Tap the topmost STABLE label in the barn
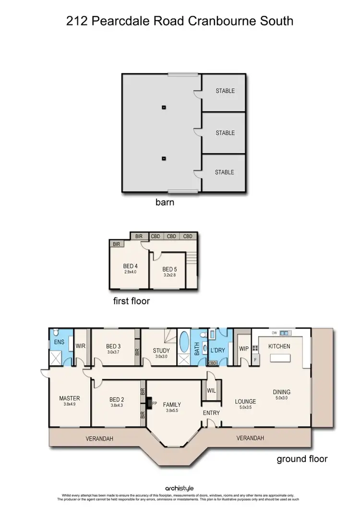225,91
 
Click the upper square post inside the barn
164,107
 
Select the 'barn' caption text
165,202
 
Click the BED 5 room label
169,270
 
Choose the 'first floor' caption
132,301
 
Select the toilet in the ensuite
56,333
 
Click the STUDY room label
161,351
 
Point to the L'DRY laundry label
217,351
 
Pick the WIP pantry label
243,349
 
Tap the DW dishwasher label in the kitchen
275,333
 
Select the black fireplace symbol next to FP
149,402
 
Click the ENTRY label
211,413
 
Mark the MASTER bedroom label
69,398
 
